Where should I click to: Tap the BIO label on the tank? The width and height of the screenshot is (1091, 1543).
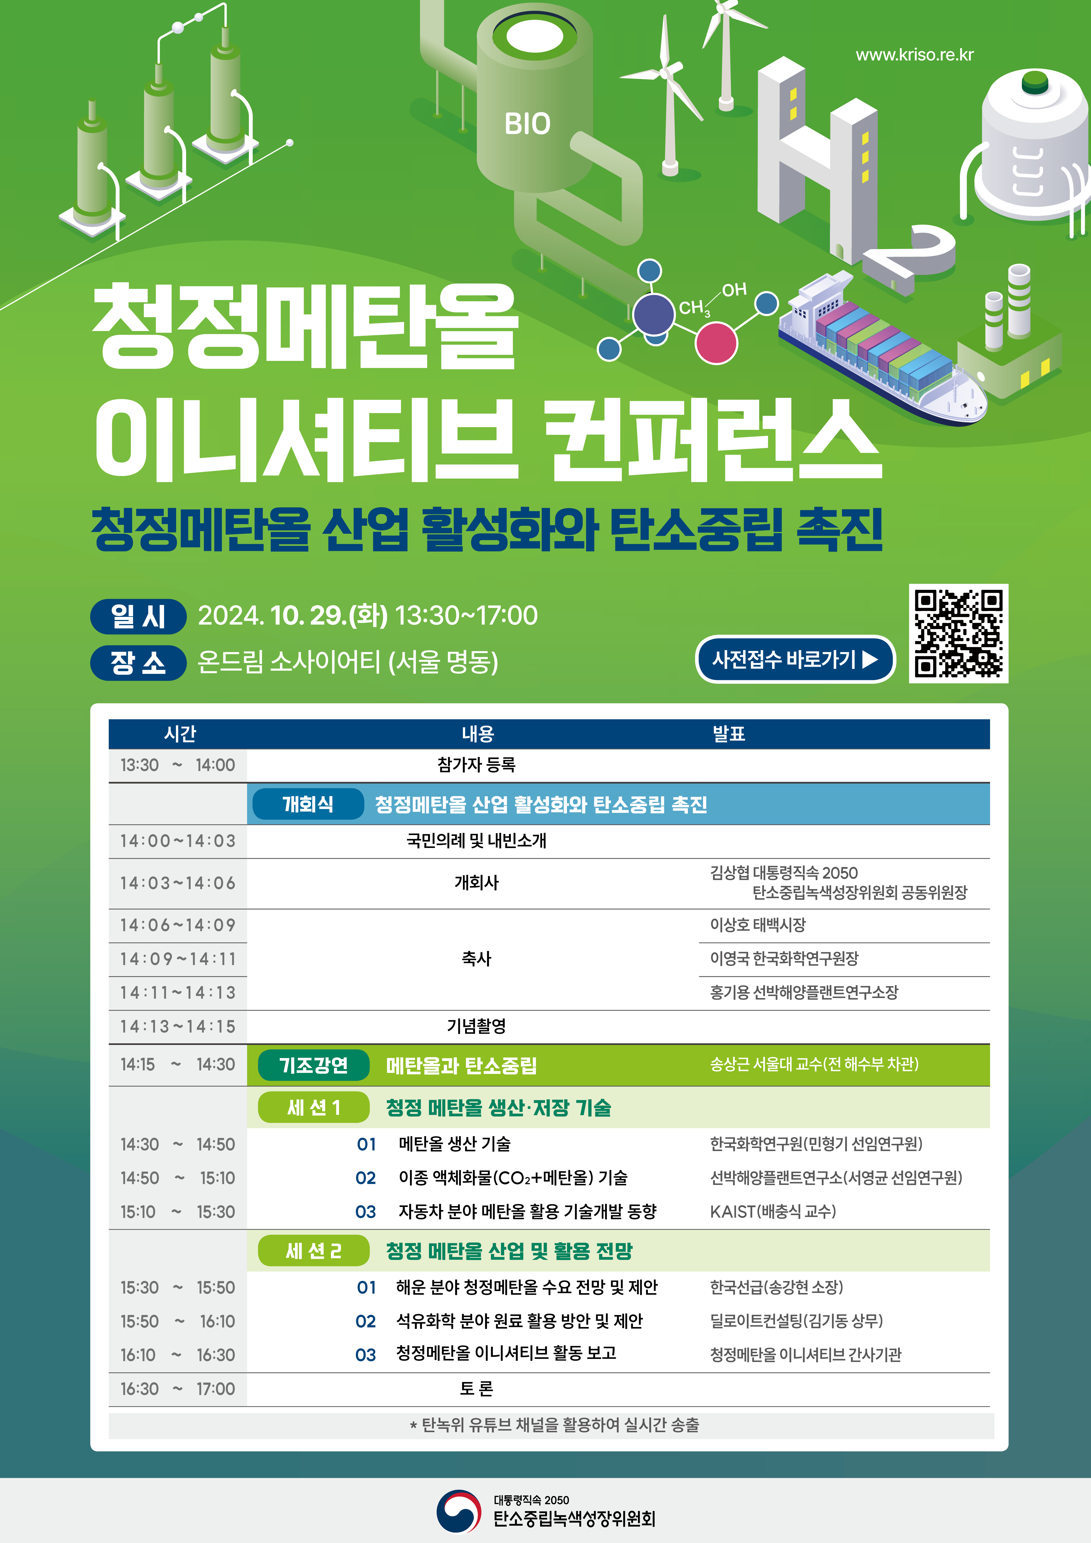point(528,124)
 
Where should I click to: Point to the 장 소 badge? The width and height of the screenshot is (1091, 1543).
point(139,663)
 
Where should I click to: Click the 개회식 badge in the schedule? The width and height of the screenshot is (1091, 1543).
point(308,804)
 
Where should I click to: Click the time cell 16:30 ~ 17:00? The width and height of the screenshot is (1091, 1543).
point(177,1388)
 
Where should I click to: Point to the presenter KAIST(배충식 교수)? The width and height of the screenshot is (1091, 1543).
point(773,1212)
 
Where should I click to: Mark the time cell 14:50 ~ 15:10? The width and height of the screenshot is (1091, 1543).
point(177,1178)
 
